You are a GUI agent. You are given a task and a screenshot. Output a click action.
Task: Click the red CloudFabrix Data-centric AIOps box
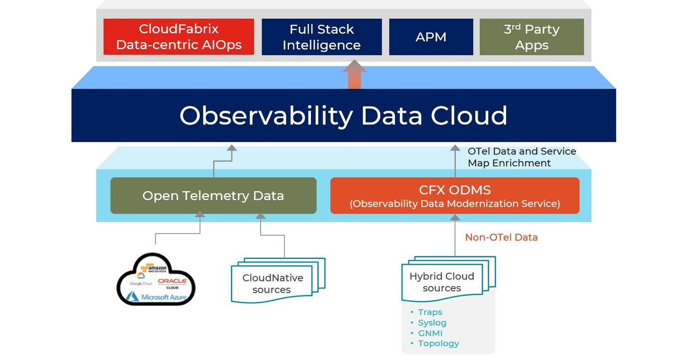[x=178, y=37]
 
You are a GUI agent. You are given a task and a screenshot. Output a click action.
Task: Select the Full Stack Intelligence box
[x=321, y=37]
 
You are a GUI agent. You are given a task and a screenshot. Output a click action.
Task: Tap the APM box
[x=431, y=37]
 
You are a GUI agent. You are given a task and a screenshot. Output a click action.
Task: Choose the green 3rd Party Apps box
[x=532, y=37]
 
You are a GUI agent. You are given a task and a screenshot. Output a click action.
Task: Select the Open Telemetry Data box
[x=213, y=196]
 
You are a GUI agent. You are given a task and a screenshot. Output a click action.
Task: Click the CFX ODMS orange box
[x=454, y=196]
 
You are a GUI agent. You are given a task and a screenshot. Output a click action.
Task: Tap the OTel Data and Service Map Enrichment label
[x=522, y=157]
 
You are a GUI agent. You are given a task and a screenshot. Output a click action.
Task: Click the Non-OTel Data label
[x=501, y=238]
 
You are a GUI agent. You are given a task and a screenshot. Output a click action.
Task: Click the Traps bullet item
[x=429, y=312]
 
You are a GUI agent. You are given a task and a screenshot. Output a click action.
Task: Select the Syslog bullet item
[x=431, y=323]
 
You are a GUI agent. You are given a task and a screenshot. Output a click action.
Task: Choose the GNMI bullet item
[x=430, y=333]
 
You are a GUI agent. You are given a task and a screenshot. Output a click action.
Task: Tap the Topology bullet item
[x=438, y=344]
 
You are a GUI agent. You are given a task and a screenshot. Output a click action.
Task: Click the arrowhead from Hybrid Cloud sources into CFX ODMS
[x=455, y=217]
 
